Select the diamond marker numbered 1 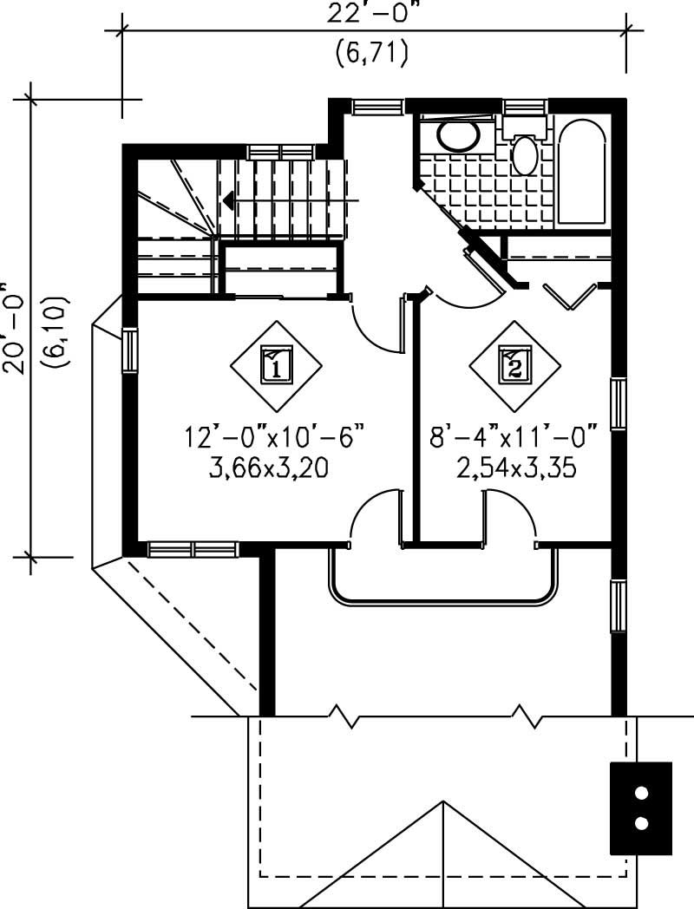pyautogui.click(x=276, y=367)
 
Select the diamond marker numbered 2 pyautogui.click(x=514, y=367)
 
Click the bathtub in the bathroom pyautogui.click(x=583, y=173)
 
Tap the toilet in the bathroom pyautogui.click(x=525, y=149)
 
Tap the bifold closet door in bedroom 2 pyautogui.click(x=570, y=296)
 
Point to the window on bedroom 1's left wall pyautogui.click(x=129, y=352)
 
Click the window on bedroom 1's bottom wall pyautogui.click(x=193, y=549)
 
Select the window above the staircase pyautogui.click(x=279, y=152)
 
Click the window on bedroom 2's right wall pyautogui.click(x=619, y=404)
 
